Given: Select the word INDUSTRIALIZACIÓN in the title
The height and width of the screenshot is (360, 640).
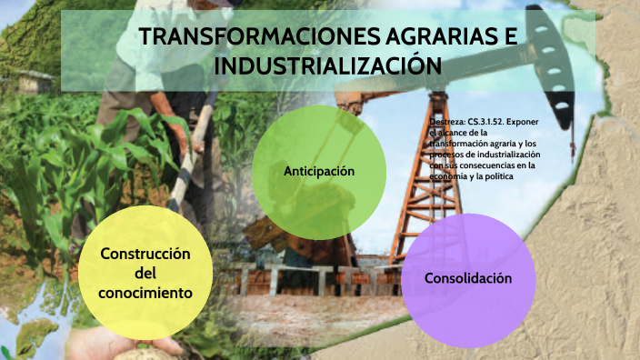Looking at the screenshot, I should [328, 66].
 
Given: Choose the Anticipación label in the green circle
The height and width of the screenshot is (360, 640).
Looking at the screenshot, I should [318, 171].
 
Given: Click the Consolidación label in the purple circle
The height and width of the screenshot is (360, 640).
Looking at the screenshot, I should [468, 277].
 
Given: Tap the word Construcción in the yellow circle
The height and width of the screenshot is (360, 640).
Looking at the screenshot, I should [145, 254].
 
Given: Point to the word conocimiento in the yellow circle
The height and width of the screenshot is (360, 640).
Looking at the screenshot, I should [145, 294].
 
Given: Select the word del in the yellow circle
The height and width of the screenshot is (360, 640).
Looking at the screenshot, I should [145, 274].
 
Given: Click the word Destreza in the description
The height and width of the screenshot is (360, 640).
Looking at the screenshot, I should [448, 120].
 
